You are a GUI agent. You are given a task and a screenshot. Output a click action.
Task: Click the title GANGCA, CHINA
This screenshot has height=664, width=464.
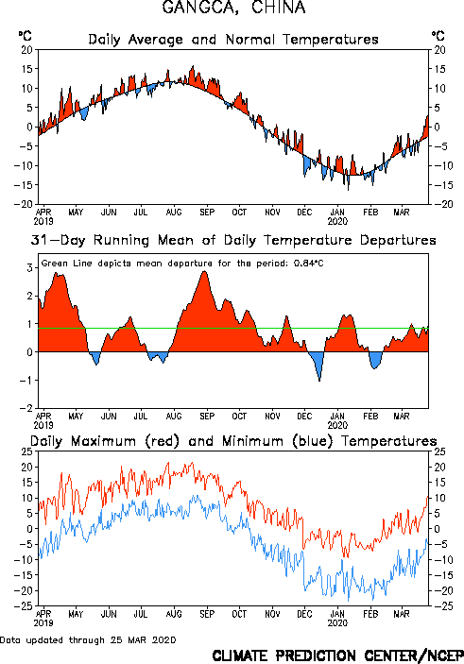233,8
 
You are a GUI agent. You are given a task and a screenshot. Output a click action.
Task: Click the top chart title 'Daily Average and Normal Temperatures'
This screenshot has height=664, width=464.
233,40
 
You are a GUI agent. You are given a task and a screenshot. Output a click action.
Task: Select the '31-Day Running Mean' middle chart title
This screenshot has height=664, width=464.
233,240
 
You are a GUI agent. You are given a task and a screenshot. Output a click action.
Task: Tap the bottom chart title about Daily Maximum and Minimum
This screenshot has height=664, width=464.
233,441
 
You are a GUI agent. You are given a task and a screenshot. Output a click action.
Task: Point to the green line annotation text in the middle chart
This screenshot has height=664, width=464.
182,264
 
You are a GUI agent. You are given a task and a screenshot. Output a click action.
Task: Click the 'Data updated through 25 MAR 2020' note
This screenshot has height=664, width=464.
88,639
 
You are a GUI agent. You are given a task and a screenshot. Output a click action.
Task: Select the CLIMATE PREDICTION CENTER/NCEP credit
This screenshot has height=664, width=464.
337,655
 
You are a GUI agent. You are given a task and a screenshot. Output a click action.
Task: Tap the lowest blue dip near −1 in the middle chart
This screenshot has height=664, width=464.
319,381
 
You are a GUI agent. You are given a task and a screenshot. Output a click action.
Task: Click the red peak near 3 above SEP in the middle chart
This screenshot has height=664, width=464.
205,272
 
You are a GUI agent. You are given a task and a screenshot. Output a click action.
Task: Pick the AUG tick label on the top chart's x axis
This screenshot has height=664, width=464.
174,212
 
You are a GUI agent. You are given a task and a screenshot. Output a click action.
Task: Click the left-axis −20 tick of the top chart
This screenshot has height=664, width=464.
24,204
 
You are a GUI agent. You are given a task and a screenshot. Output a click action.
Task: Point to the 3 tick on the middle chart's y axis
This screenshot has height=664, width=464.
30,267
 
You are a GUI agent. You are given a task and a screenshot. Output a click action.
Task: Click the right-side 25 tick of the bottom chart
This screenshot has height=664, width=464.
439,451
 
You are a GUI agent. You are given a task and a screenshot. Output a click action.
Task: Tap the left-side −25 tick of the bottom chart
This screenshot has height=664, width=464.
24,606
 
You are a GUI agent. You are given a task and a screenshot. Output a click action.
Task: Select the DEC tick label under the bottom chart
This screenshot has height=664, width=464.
304,614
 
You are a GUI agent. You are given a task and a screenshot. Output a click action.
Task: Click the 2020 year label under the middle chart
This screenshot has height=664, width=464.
337,425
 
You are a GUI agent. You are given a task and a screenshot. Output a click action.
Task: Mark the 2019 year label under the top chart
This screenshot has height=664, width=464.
43,221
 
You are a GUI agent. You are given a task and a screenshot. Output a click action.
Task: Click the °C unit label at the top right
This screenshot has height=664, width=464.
438,36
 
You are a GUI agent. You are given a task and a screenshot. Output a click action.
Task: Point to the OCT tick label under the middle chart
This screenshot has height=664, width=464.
239,416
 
